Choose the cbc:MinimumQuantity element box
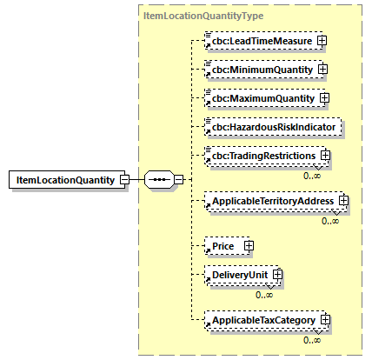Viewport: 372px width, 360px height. [257, 69]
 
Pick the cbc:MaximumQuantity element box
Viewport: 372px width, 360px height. [257, 97]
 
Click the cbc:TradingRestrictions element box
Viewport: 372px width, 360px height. [263, 156]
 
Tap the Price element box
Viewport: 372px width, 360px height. [225, 246]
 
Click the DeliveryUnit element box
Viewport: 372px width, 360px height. [238, 276]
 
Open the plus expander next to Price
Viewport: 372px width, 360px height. [249, 246]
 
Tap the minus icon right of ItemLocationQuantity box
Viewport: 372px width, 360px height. [124, 180]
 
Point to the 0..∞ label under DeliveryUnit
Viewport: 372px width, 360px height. [264, 294]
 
